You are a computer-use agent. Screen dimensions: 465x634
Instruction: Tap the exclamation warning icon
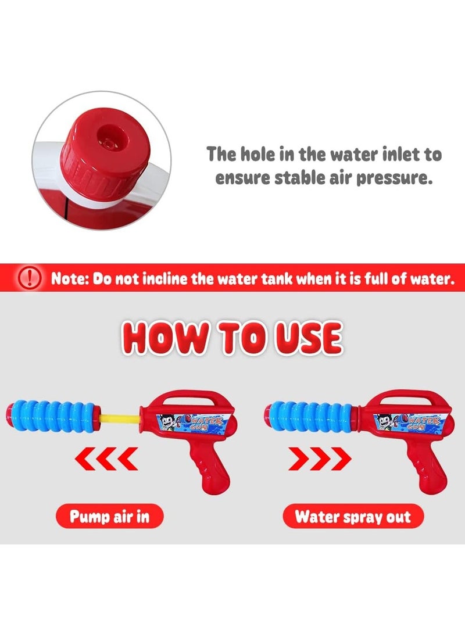click(x=30, y=278)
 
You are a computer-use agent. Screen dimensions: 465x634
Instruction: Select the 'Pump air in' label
click(x=110, y=517)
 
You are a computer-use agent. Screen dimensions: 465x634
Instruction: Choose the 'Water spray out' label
click(x=353, y=517)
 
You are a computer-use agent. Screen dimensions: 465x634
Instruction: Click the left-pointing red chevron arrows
click(x=106, y=459)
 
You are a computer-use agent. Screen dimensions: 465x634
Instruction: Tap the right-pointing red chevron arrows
click(x=320, y=459)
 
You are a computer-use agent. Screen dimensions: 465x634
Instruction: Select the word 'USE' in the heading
click(x=309, y=338)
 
